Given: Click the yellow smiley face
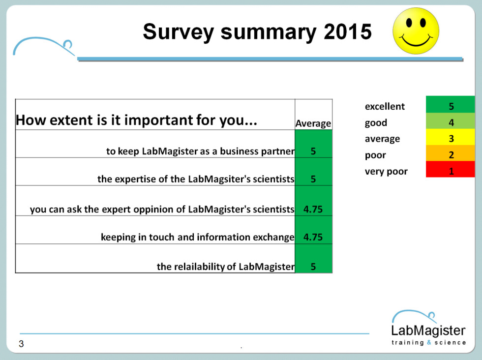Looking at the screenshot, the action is pyautogui.click(x=416, y=31).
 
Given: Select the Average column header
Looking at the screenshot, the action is pyautogui.click(x=313, y=123).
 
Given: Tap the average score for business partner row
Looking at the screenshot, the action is pyautogui.click(x=313, y=151).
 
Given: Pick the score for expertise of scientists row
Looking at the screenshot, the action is pyautogui.click(x=313, y=179).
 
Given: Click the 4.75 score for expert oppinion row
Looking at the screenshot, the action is pyautogui.click(x=313, y=209).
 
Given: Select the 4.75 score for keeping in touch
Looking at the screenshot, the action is pyautogui.click(x=313, y=237).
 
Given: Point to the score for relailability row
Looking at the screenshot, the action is pyautogui.click(x=313, y=266).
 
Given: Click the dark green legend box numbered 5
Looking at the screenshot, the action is pyautogui.click(x=451, y=105).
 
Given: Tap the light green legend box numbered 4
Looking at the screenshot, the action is pyautogui.click(x=451, y=121).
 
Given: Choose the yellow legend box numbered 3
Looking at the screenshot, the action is pyautogui.click(x=451, y=137).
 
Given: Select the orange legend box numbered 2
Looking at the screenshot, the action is pyautogui.click(x=451, y=153).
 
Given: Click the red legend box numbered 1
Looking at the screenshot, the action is pyautogui.click(x=451, y=169).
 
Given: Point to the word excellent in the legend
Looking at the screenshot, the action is pyautogui.click(x=385, y=106).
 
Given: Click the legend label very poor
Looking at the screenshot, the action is pyautogui.click(x=386, y=171).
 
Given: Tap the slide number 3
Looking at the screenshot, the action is pyautogui.click(x=21, y=344).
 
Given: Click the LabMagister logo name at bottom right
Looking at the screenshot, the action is pyautogui.click(x=428, y=330).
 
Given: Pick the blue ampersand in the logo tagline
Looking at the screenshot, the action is pyautogui.click(x=429, y=342).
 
